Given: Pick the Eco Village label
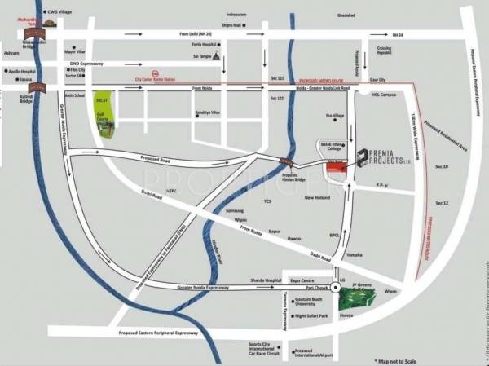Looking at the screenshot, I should point(336,117).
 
